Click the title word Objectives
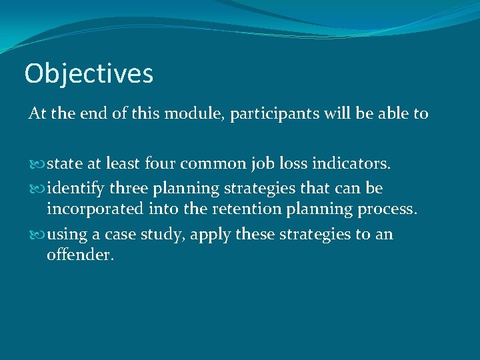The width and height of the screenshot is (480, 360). [89, 73]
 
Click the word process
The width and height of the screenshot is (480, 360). [389, 209]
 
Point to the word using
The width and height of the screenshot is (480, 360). [64, 235]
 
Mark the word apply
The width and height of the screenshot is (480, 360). [207, 235]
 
